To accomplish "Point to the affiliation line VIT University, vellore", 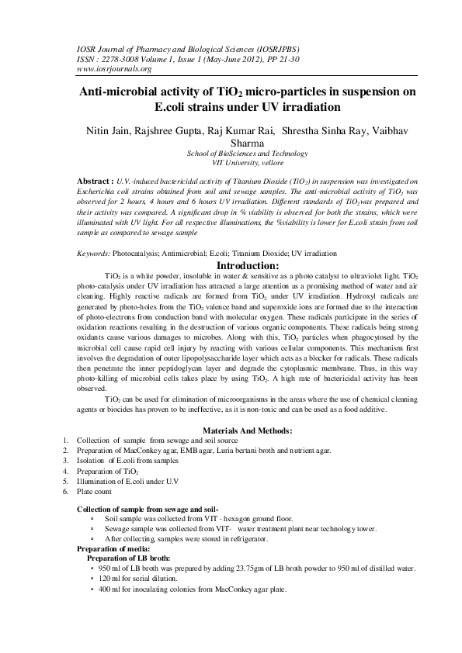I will (x=231, y=164).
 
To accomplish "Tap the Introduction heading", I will (x=231, y=265).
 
